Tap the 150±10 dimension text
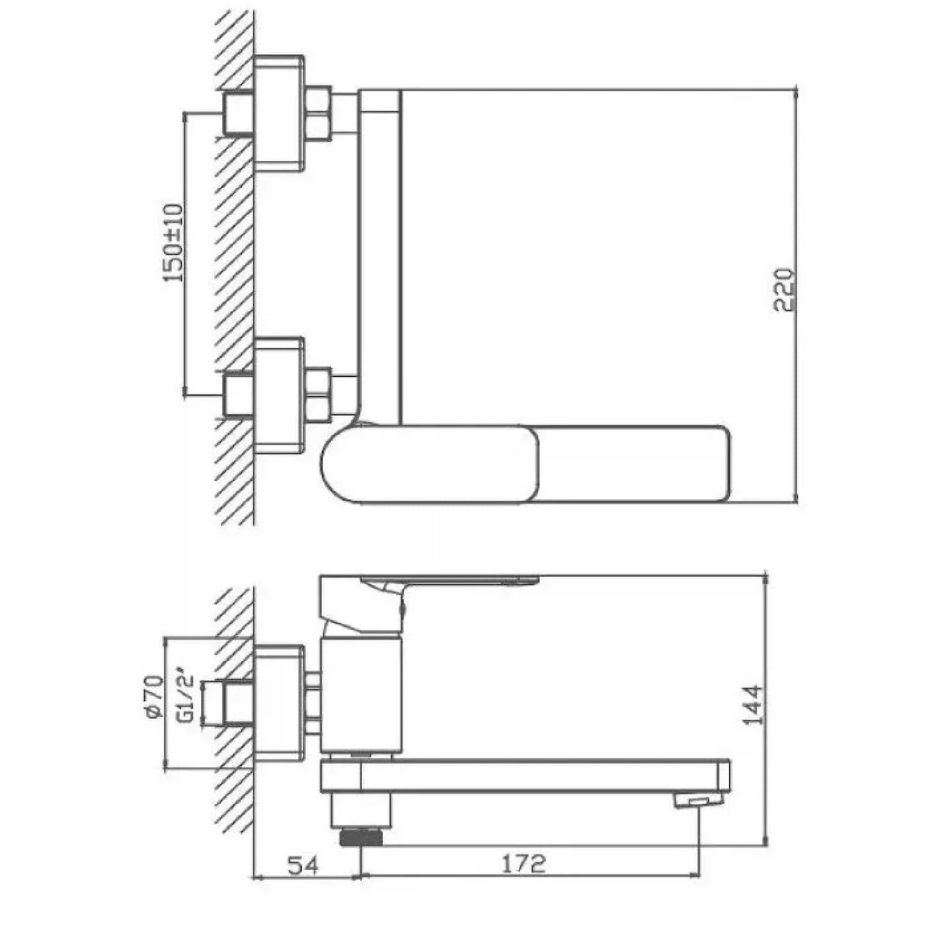pos(173,243)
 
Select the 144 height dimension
pos(753,713)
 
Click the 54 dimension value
pos(303,865)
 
